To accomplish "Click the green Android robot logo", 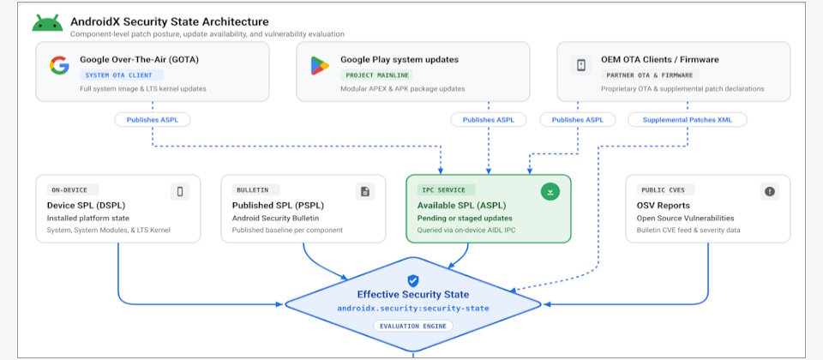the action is point(47,24).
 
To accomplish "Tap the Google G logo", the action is point(59,65).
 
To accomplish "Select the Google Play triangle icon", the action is point(320,65).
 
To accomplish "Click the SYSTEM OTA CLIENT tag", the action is point(121,75).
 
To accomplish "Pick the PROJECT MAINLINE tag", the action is point(376,75).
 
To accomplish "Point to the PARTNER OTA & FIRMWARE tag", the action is point(650,75).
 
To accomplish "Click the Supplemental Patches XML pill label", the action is point(687,120).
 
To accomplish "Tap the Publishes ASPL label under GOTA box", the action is point(153,120).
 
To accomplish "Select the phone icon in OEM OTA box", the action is point(581,65).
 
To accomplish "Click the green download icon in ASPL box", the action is point(550,192).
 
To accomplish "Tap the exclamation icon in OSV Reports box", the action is point(770,192).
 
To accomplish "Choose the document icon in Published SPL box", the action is point(365,192).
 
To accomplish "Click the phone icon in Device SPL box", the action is point(180,192).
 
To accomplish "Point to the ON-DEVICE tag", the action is point(73,190).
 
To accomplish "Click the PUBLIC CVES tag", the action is point(665,190).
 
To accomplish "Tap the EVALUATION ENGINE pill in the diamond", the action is point(413,326).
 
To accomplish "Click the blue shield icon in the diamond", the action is point(413,281).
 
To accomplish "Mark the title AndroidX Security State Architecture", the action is point(170,22).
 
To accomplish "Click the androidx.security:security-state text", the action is point(413,309).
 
